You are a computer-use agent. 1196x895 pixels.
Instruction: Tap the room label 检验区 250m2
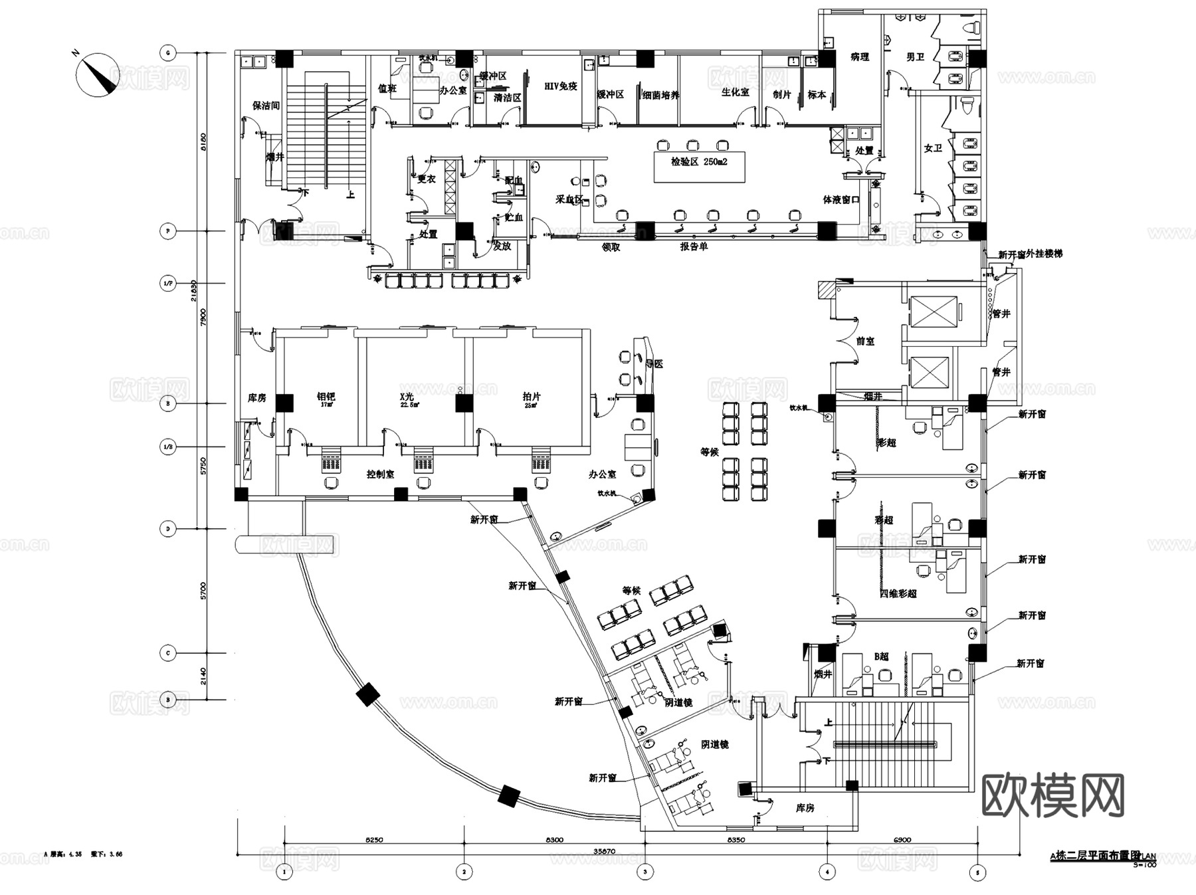699,161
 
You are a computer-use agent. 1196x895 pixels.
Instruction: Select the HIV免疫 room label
561,86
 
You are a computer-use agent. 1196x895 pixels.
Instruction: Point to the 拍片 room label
532,397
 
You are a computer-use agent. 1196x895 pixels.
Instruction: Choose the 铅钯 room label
326,397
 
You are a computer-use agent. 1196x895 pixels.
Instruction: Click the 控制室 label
380,474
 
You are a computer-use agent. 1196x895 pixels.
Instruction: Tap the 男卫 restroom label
915,57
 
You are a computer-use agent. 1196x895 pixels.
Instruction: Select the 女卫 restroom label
932,148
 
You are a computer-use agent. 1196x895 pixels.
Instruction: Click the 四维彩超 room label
898,593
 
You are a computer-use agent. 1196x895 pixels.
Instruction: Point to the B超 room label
881,656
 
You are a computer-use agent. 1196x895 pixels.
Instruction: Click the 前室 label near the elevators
865,341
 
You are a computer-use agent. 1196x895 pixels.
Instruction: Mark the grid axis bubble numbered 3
645,872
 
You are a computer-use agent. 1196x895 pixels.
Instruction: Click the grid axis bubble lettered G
168,52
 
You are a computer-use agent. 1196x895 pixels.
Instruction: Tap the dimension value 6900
902,840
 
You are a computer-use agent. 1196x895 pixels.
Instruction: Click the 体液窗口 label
841,199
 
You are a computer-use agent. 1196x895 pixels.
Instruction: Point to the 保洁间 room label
266,106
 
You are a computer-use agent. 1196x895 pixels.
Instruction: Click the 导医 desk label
654,364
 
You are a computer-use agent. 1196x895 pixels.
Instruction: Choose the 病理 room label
859,57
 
